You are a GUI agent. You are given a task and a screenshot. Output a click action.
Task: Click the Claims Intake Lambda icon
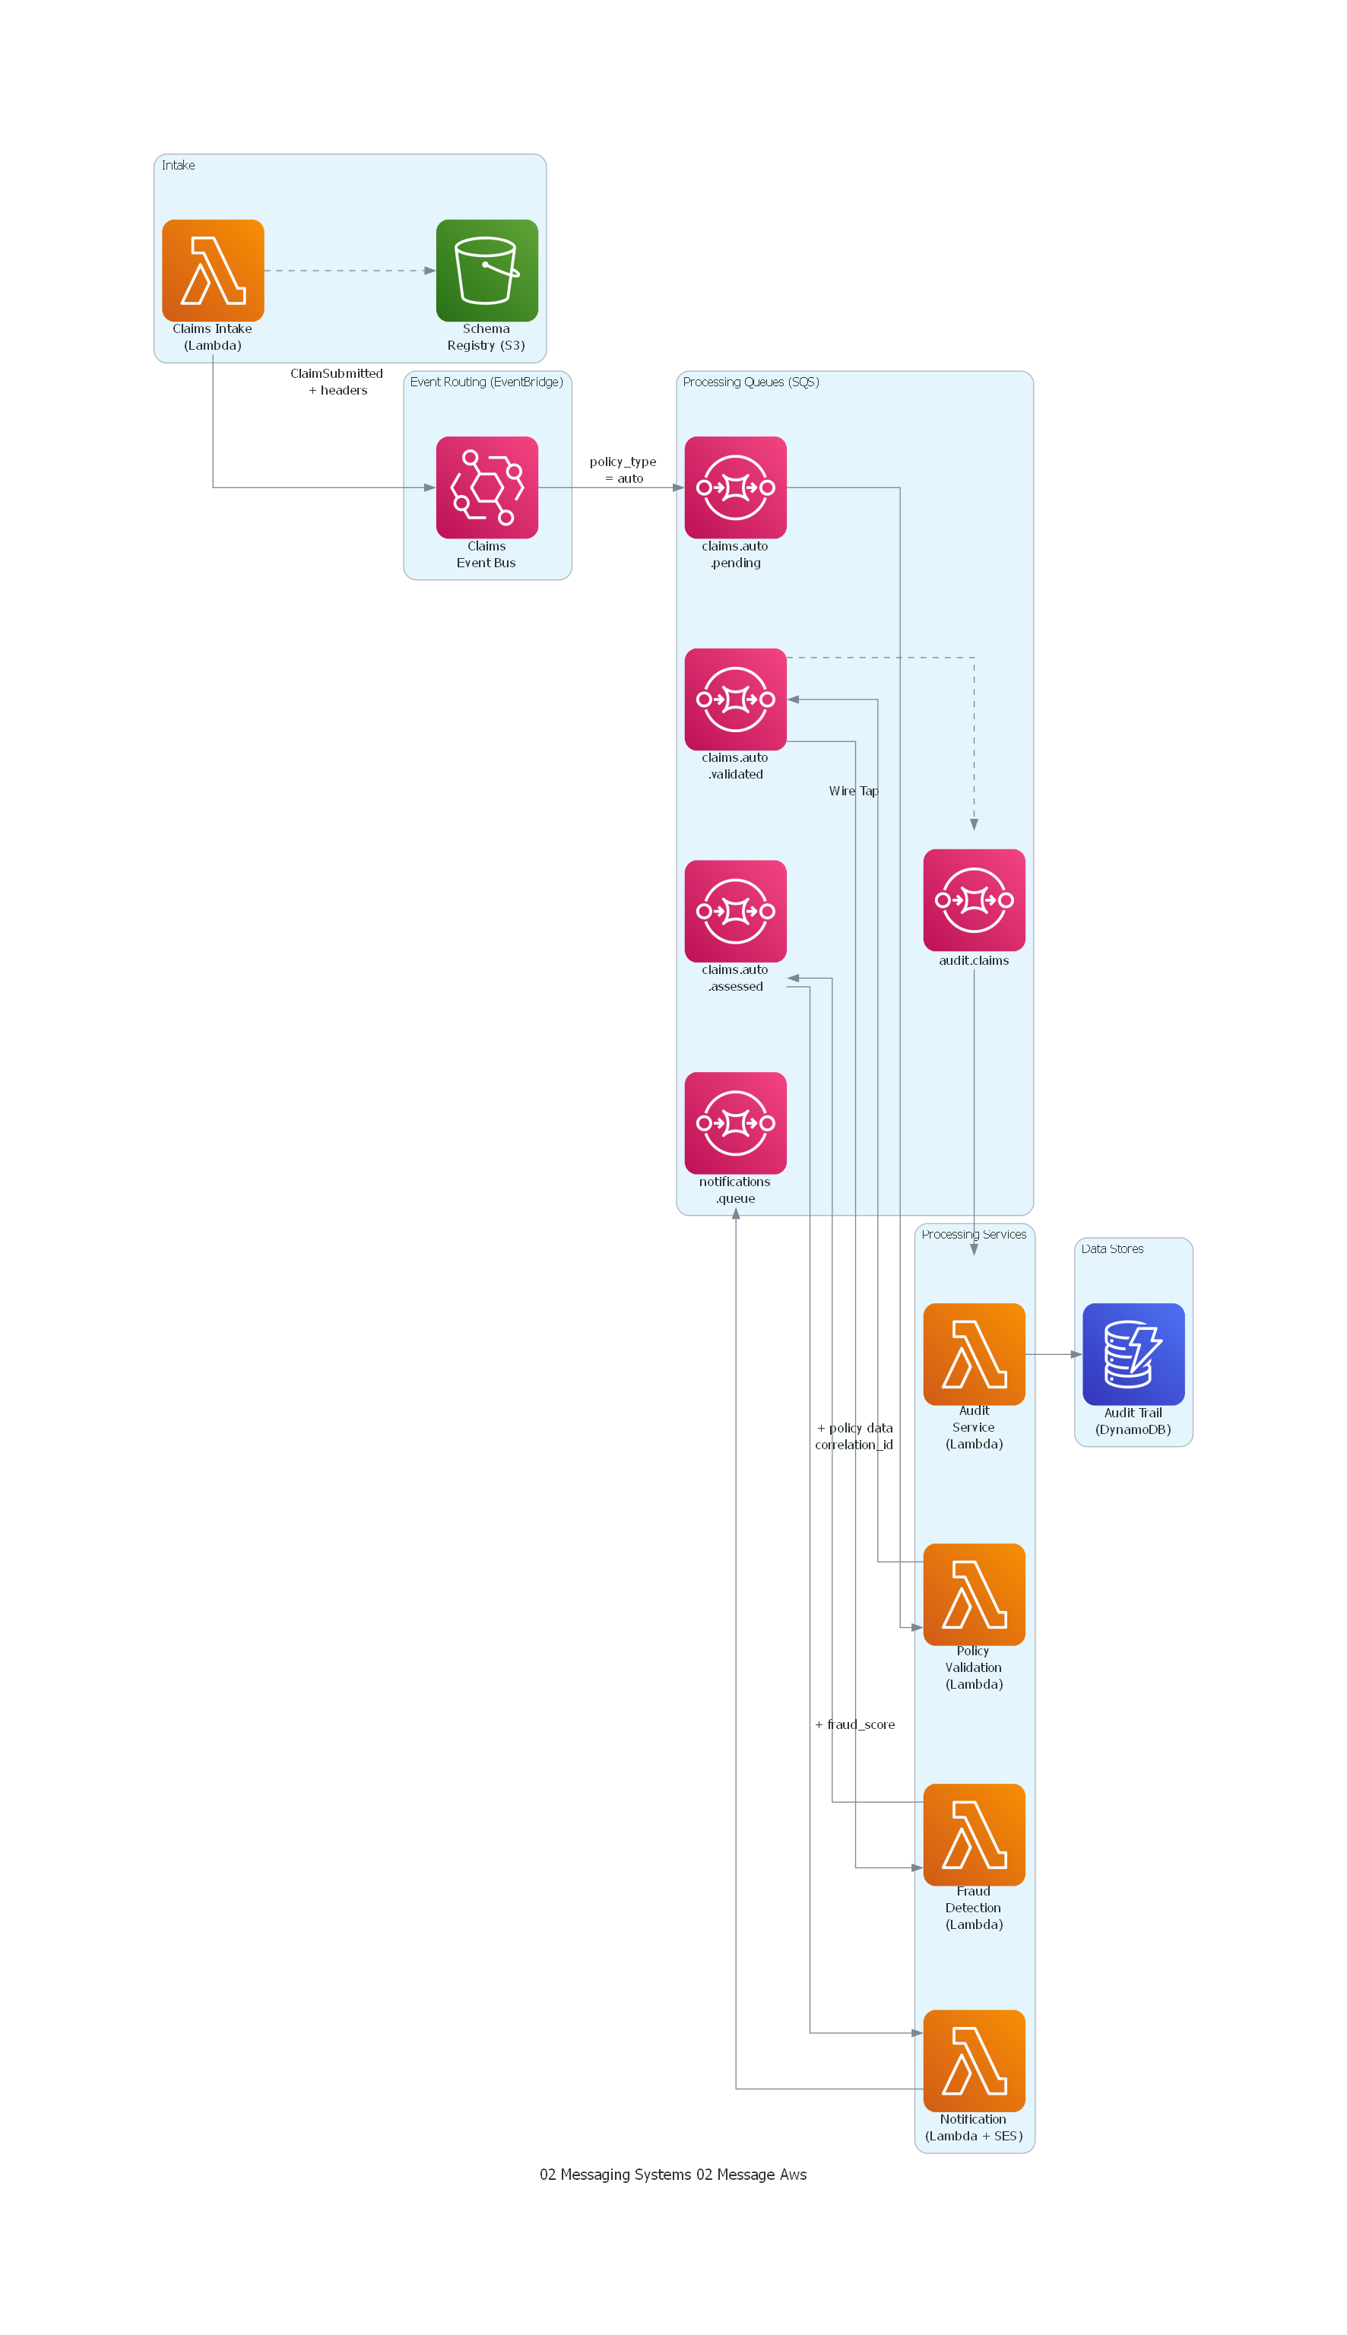click(x=213, y=270)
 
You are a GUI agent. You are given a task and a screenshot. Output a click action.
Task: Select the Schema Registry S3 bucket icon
click(x=487, y=270)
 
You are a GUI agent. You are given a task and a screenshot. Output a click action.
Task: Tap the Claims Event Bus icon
click(x=487, y=487)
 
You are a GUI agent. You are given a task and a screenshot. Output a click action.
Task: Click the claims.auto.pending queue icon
click(x=736, y=487)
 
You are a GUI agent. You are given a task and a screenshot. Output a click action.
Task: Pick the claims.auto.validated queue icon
click(x=736, y=699)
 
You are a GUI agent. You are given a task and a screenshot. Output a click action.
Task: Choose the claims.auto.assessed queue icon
click(x=736, y=910)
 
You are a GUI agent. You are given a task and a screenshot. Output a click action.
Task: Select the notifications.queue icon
click(x=736, y=1122)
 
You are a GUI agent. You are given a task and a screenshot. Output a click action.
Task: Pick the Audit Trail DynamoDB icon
click(x=1133, y=1353)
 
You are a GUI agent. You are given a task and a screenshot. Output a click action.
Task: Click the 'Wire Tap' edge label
click(x=853, y=791)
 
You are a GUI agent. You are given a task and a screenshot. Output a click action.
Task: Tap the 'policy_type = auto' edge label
click(x=623, y=470)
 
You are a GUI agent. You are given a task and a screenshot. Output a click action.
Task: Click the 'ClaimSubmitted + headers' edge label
click(x=337, y=381)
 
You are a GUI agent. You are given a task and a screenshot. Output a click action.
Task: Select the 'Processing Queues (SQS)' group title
click(x=750, y=382)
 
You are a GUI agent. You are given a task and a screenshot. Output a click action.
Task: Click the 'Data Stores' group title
click(x=1112, y=1249)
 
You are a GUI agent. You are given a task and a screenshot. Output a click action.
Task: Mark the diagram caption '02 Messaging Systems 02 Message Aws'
click(x=673, y=2174)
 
